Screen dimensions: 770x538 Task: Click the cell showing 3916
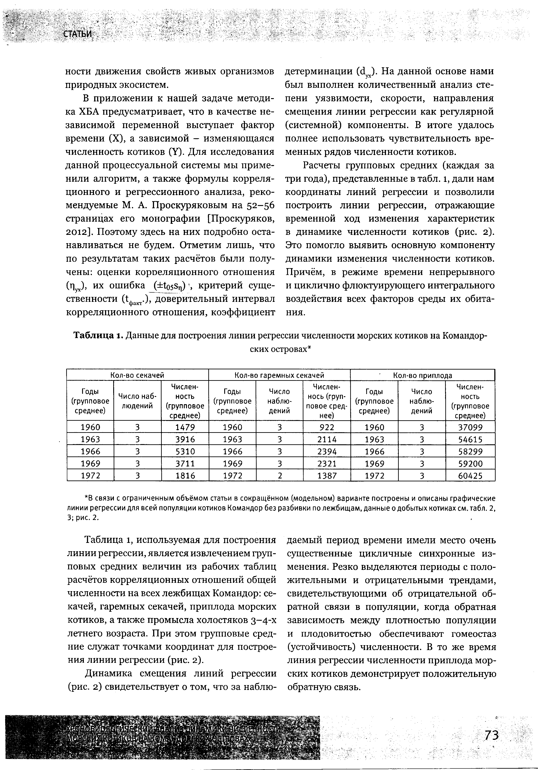pyautogui.click(x=185, y=439)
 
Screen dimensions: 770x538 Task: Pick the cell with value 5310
pyautogui.click(x=185, y=451)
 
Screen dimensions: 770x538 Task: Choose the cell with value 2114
pyautogui.click(x=327, y=439)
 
